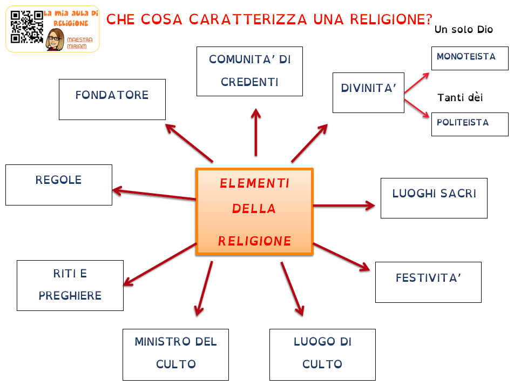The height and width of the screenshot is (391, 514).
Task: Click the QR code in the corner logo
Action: click(x=26, y=26)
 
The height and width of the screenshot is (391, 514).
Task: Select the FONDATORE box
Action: click(x=112, y=99)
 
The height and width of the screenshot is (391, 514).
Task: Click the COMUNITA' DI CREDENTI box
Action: click(x=249, y=71)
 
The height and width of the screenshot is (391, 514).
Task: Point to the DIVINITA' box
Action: click(x=368, y=92)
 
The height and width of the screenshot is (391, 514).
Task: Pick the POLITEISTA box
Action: click(x=470, y=124)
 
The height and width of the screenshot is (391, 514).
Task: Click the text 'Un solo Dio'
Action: click(x=464, y=30)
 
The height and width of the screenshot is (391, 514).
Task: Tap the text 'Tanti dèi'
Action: click(x=460, y=98)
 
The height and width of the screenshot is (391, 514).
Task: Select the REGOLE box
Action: click(x=59, y=184)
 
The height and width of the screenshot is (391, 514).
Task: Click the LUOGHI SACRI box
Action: click(x=434, y=198)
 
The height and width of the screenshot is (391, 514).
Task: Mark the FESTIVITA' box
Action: click(x=428, y=282)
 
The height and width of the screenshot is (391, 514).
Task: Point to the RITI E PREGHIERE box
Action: click(x=70, y=285)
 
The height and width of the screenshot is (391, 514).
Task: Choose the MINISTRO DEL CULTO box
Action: click(x=175, y=354)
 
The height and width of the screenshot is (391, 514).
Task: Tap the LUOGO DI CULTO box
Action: click(x=322, y=354)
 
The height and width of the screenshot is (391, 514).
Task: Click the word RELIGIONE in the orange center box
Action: click(x=255, y=241)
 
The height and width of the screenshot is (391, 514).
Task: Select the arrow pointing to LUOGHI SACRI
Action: click(x=344, y=206)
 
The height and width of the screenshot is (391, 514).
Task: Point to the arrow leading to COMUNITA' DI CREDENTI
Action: click(x=256, y=132)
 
